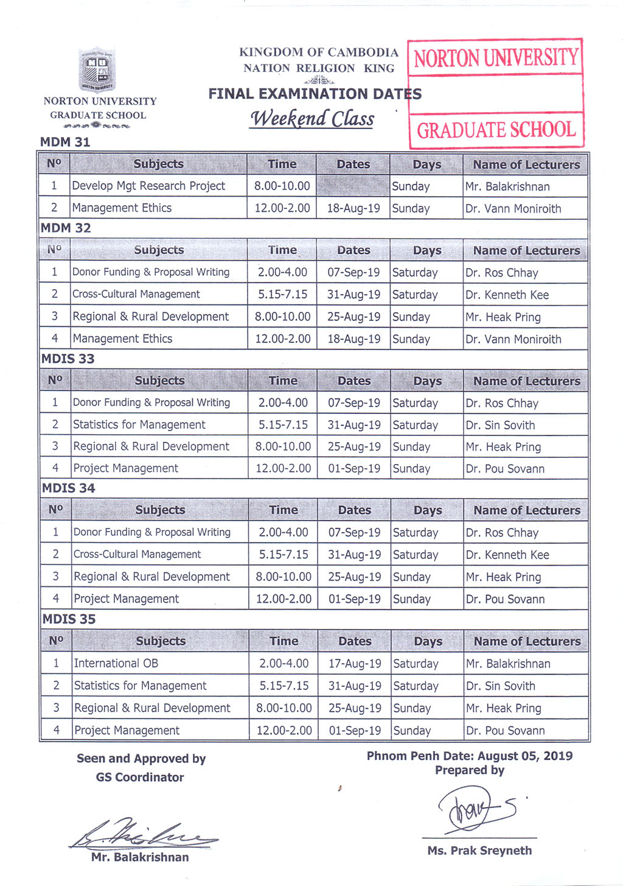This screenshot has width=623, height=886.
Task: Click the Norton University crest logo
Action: (97, 69)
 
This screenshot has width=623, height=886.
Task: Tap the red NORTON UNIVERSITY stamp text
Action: (496, 58)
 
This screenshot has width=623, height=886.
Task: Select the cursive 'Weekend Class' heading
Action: (312, 118)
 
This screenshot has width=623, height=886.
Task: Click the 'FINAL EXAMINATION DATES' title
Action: (315, 94)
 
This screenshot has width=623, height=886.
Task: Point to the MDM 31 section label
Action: (65, 142)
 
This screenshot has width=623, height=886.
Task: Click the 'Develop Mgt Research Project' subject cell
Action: (148, 186)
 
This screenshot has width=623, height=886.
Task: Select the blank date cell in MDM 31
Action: (353, 186)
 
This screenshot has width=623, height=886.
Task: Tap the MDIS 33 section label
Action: (68, 359)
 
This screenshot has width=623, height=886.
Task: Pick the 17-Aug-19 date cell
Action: (355, 664)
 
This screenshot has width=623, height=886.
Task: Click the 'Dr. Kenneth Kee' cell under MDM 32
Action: (507, 295)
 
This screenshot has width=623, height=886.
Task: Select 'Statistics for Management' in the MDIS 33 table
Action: (139, 424)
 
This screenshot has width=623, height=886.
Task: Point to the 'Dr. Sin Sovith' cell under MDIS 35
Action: (501, 686)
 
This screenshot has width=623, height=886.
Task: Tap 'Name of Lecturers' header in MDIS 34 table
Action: (527, 510)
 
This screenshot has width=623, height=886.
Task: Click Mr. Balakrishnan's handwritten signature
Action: (143, 834)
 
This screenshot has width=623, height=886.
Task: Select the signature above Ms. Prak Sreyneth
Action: (478, 810)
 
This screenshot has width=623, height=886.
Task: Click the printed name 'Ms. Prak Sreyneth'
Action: (479, 851)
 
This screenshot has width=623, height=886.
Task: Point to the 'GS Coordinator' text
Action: (140, 777)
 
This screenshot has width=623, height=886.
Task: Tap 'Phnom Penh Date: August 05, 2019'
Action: (470, 756)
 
